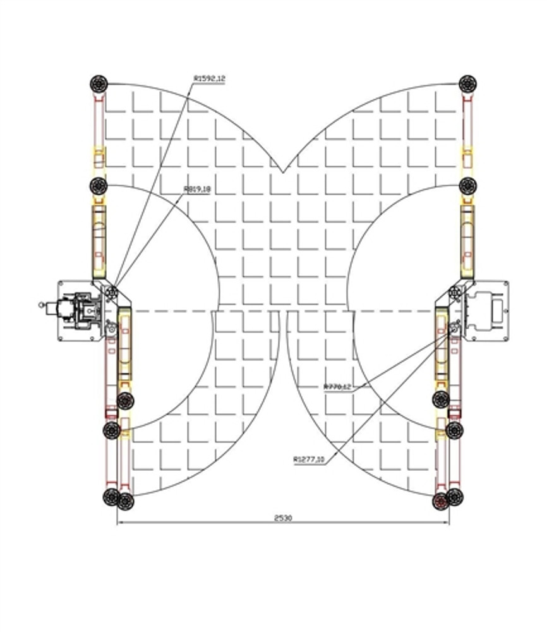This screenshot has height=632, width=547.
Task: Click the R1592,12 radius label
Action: pos(209,79)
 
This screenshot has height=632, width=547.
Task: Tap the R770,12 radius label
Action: pos(337,387)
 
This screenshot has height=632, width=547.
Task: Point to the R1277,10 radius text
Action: pos(309,460)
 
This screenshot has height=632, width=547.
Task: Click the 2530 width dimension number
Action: pos(283,518)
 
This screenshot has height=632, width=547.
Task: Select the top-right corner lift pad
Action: pos(467,83)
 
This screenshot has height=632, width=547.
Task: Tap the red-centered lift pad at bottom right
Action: pos(441,502)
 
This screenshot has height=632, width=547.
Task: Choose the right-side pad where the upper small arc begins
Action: pos(467,186)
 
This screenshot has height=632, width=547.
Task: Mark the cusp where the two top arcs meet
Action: pos(282,172)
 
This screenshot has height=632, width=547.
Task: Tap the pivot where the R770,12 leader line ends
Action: pos(454,327)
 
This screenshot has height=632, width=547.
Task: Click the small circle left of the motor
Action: pos(42,305)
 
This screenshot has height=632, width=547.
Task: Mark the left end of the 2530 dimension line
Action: pos(117,523)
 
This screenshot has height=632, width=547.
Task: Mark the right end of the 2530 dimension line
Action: pos(449,523)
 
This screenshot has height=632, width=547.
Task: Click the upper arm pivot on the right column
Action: pos(454,293)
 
